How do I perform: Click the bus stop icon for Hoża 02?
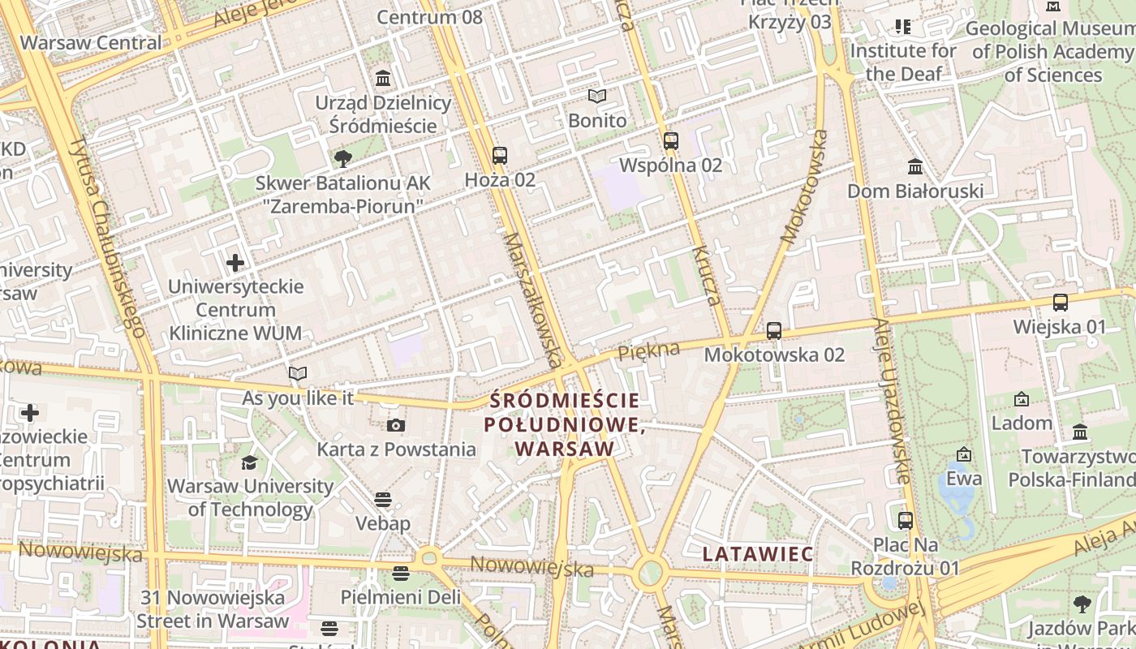(x=500, y=156)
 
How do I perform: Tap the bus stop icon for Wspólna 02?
(x=670, y=140)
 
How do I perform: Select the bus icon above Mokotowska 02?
(x=774, y=331)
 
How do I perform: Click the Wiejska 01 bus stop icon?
(x=1060, y=303)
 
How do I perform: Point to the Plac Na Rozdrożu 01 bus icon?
(x=906, y=520)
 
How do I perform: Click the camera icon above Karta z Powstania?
(x=396, y=425)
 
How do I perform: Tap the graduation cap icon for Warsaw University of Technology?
(x=249, y=462)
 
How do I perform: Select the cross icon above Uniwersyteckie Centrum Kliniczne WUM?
(x=235, y=263)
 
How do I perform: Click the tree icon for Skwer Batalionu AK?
(x=343, y=158)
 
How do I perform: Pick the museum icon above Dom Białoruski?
(x=915, y=167)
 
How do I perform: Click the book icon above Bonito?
(x=597, y=97)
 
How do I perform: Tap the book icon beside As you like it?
(x=298, y=374)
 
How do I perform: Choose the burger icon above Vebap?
(x=383, y=499)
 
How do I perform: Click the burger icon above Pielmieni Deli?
(x=400, y=574)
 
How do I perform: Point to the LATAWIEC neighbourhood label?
(x=758, y=554)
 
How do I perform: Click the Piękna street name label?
(x=648, y=352)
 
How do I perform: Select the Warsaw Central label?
(x=91, y=43)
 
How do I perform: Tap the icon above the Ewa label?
(x=964, y=454)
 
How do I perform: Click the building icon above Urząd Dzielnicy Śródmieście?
(x=383, y=79)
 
